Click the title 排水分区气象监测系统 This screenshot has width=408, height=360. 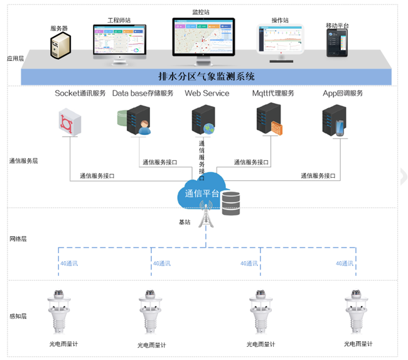click(207, 77)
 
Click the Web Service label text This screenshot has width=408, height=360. click(207, 94)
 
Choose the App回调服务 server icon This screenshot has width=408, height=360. click(334, 121)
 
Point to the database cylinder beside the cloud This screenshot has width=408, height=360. click(231, 203)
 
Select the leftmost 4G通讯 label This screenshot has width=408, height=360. click(68, 264)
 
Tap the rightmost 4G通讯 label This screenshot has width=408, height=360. click(345, 264)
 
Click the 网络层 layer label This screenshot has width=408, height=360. click(18, 239)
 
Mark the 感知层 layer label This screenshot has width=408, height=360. click(18, 316)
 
